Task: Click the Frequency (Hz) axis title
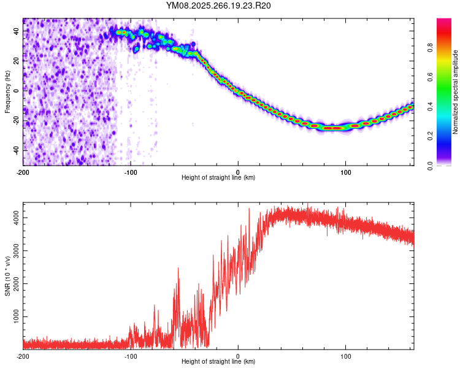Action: [x=7, y=92]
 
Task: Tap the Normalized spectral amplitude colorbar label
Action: [x=456, y=92]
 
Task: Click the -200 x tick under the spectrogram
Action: [x=23, y=171]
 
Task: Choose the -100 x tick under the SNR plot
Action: [x=131, y=356]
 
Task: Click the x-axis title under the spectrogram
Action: [x=218, y=178]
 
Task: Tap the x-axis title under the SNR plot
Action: [x=218, y=362]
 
